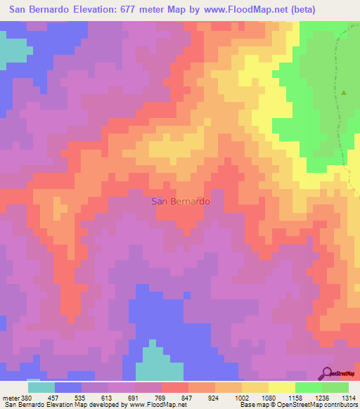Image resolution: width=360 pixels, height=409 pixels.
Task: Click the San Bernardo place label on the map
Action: (x=180, y=201)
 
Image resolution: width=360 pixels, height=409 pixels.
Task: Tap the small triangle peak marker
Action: (x=344, y=92)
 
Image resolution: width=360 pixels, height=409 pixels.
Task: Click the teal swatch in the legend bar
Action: (x=41, y=387)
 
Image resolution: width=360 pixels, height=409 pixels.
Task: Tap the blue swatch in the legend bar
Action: (x=68, y=387)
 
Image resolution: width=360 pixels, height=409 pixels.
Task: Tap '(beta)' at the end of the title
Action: (x=298, y=10)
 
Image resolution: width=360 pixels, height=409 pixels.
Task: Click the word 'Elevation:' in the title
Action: (x=95, y=10)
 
